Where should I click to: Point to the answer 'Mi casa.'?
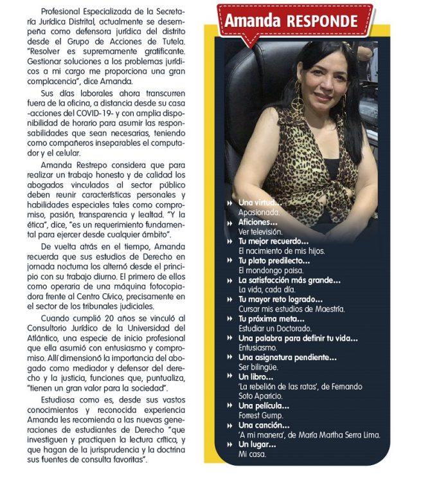click(252, 454)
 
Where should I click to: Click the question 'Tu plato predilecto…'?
click(274, 261)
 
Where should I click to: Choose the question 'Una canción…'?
click(264, 425)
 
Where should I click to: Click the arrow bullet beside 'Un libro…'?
click(229, 377)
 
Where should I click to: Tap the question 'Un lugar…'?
click(256, 444)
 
